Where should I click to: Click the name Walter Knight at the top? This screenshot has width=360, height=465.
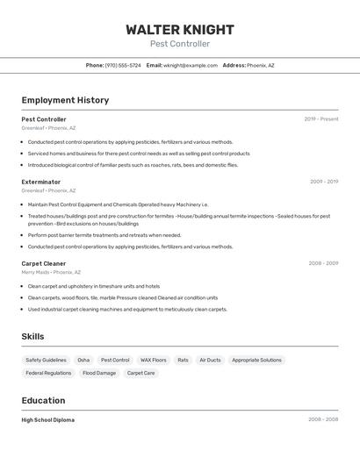(x=180, y=29)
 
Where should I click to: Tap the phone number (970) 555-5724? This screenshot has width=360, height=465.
(x=123, y=65)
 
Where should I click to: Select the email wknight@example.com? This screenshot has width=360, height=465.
(x=191, y=65)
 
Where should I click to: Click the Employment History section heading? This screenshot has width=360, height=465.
(x=65, y=100)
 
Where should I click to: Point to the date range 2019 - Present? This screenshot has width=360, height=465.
(x=320, y=119)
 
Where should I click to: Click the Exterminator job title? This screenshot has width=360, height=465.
(x=41, y=182)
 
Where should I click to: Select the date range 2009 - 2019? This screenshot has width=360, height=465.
(x=323, y=182)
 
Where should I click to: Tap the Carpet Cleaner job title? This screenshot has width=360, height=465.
(x=44, y=263)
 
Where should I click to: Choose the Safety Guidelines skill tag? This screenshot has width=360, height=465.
(x=46, y=360)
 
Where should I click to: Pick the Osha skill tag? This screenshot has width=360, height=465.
(x=83, y=360)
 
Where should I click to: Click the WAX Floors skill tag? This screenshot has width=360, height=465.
(x=153, y=360)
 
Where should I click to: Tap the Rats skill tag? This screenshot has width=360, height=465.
(x=183, y=360)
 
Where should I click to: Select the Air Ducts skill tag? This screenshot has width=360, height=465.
(x=210, y=360)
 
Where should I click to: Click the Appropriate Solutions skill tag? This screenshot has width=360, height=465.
(x=256, y=360)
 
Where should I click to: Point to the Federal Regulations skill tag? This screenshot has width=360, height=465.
(x=48, y=373)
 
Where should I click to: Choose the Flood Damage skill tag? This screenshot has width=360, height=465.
(x=99, y=373)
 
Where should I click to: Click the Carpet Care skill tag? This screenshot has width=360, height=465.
(x=140, y=373)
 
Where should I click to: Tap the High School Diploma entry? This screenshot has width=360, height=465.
(x=48, y=420)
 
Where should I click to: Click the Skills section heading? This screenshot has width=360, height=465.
(x=32, y=336)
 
